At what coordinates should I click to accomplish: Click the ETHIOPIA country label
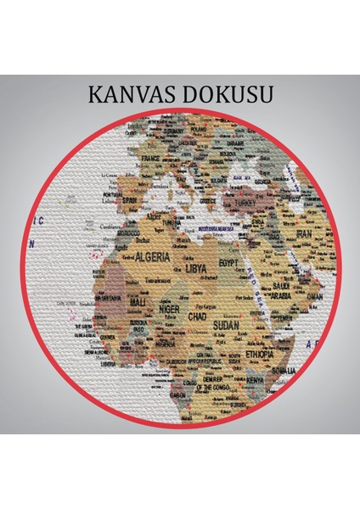tap(260, 353)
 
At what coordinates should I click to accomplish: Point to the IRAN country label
tap(304, 233)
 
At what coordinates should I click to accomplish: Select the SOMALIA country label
tap(293, 370)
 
